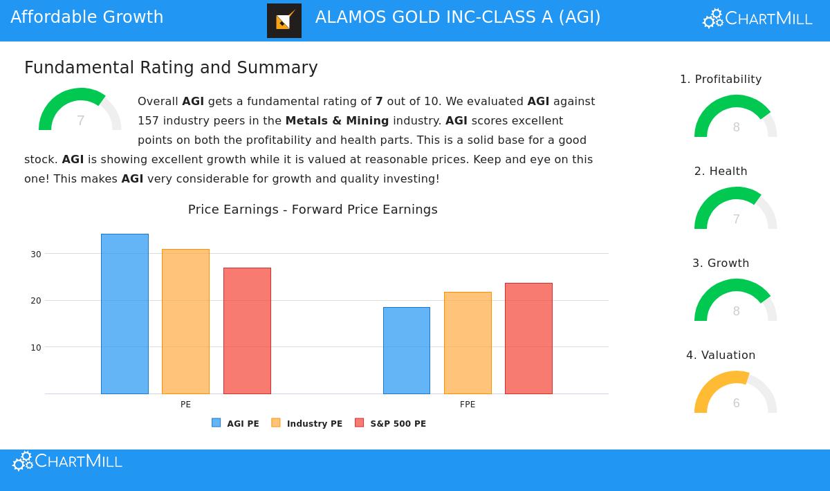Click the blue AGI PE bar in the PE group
click(124, 314)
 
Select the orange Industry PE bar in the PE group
click(185, 322)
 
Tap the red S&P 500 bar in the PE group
click(247, 331)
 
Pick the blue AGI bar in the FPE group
click(407, 351)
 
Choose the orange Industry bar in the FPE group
click(468, 343)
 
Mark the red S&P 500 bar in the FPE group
click(528, 338)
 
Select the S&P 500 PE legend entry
click(390, 423)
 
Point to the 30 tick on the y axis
click(36, 254)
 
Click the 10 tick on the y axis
click(36, 348)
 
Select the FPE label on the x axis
click(468, 405)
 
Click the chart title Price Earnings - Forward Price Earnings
click(313, 210)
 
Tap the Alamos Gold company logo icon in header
click(284, 21)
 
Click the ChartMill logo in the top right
click(757, 19)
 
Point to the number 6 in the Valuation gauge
click(736, 403)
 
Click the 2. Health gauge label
click(721, 172)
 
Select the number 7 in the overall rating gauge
click(80, 121)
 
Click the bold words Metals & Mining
click(337, 121)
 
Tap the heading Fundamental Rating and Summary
click(171, 68)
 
